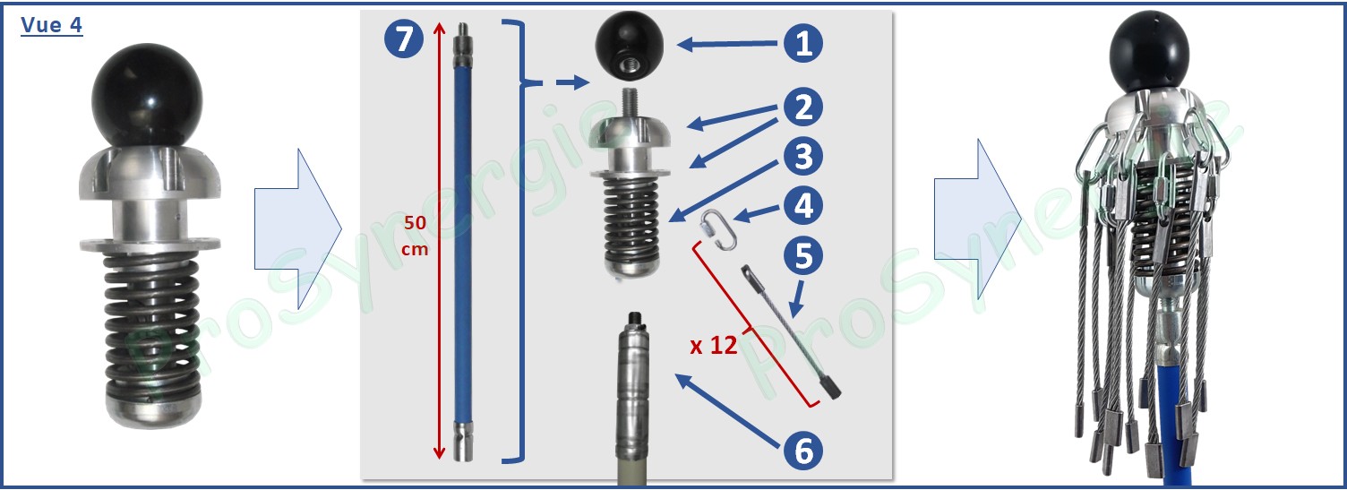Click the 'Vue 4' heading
pyautogui.click(x=51, y=25)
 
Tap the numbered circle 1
pyautogui.click(x=804, y=43)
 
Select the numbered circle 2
pyautogui.click(x=804, y=107)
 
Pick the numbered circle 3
pyautogui.click(x=804, y=157)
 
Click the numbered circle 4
pyautogui.click(x=804, y=206)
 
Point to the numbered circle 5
pyautogui.click(x=804, y=256)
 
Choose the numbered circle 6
pyautogui.click(x=804, y=451)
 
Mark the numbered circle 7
pyautogui.click(x=404, y=39)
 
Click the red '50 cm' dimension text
pyautogui.click(x=415, y=235)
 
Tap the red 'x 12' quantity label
pyautogui.click(x=714, y=346)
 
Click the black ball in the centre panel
pyautogui.click(x=629, y=44)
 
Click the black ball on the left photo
pyautogui.click(x=147, y=96)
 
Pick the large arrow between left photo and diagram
pyautogui.click(x=297, y=229)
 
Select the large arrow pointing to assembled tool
pyautogui.click(x=977, y=219)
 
